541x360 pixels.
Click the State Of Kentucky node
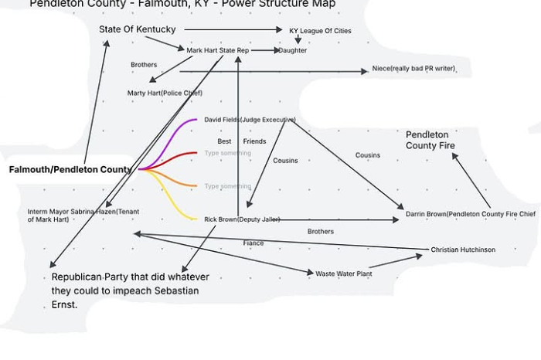138,29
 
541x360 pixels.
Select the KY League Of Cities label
320,31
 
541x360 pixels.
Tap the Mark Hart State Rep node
218,50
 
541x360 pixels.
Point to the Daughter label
293,50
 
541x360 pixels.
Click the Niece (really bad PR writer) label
413,69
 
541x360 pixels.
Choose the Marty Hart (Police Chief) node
165,93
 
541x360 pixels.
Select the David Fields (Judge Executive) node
250,120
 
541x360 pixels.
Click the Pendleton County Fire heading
430,140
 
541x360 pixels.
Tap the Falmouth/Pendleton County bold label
70,169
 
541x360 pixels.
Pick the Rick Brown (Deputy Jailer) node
242,219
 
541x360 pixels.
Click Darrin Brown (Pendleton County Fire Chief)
470,214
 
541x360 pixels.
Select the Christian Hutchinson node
463,250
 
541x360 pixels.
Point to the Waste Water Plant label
344,273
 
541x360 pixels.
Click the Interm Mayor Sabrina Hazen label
83,215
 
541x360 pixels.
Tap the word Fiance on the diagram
253,243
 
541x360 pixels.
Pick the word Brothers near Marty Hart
144,65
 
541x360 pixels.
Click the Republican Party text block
130,290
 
